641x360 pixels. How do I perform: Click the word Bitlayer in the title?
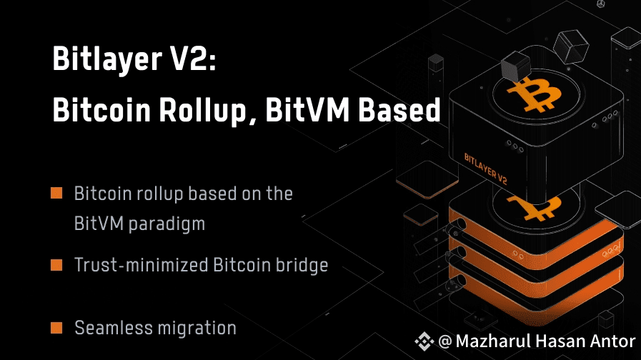[x=103, y=61]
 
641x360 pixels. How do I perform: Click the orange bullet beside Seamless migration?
[x=56, y=329]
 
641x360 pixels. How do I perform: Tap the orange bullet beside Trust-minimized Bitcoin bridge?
[x=56, y=266]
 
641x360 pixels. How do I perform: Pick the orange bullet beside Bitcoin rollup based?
[x=56, y=194]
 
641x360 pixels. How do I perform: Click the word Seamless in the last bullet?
[x=109, y=329]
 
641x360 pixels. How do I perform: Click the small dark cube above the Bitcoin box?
[x=514, y=69]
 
